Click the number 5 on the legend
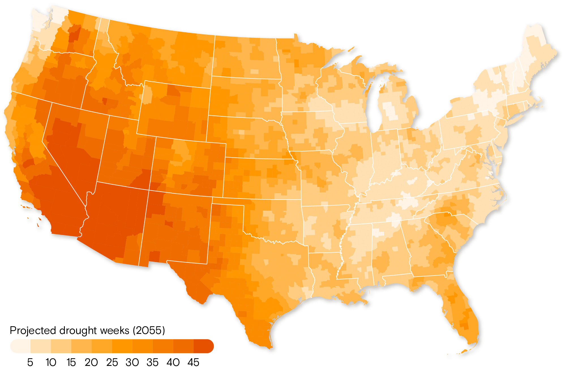click(30, 362)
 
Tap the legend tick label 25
click(112, 362)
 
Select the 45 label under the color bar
click(193, 362)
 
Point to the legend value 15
click(71, 362)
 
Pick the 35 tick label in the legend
click(153, 362)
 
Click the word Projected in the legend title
click(33, 330)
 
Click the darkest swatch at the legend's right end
click(203, 346)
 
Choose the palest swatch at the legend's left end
click(20, 346)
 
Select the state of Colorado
click(188, 167)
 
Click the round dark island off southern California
click(30, 220)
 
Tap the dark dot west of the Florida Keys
click(449, 356)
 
